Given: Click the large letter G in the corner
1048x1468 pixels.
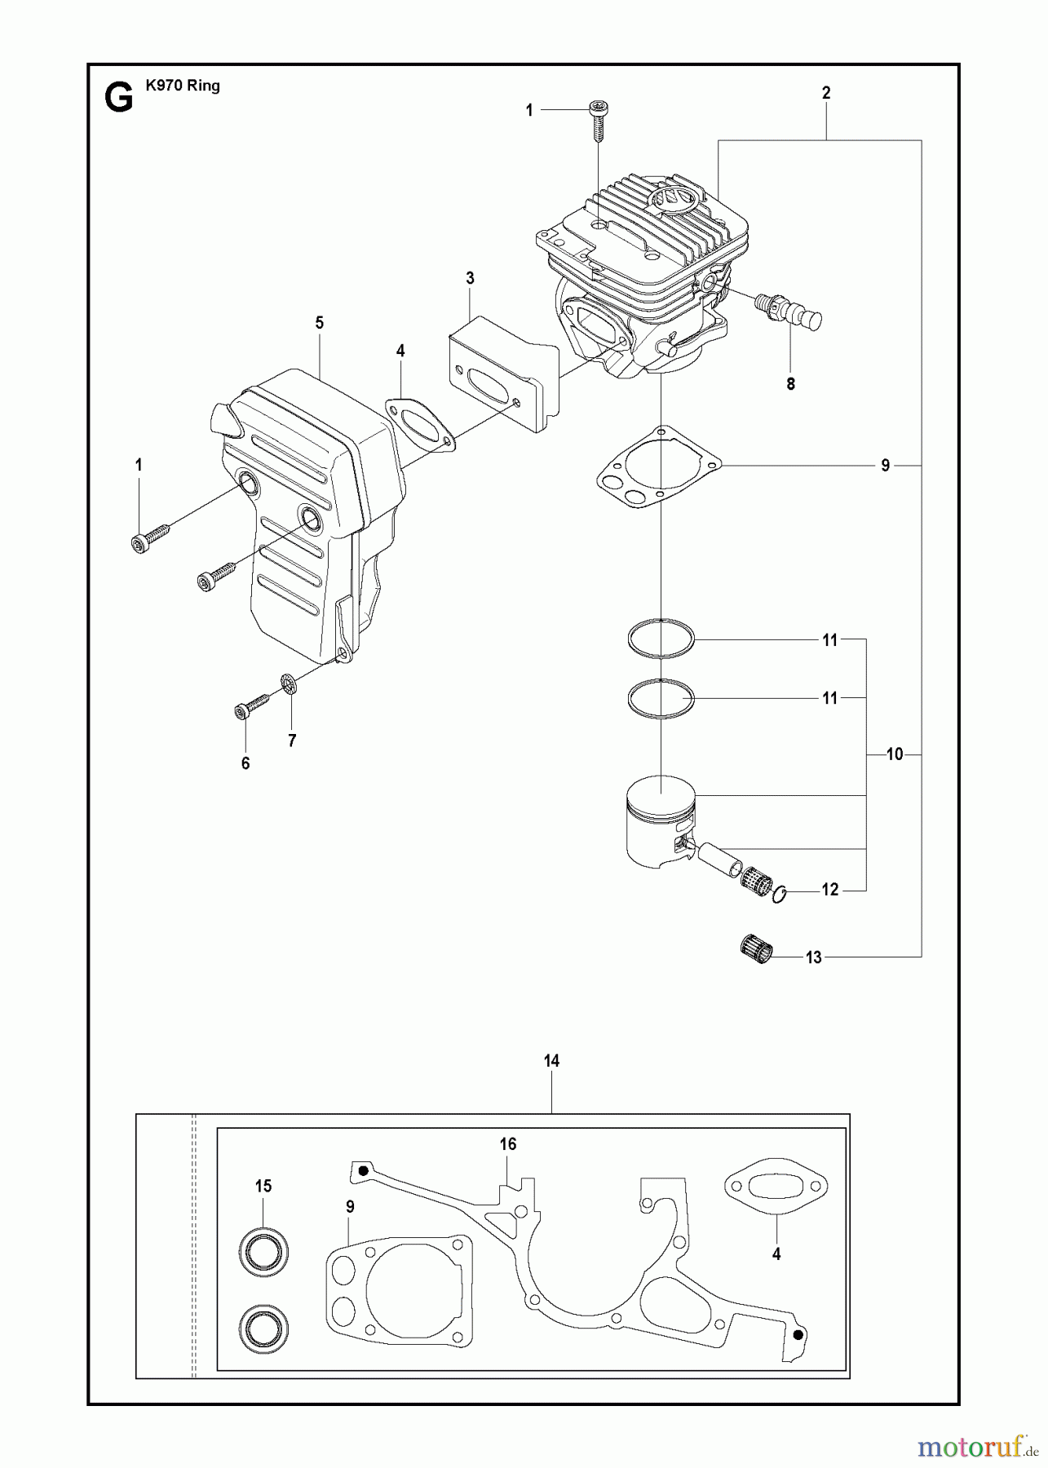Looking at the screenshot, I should pyautogui.click(x=119, y=99).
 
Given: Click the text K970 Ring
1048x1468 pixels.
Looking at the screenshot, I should pyautogui.click(x=183, y=86).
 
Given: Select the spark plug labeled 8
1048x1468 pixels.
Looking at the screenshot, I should pyautogui.click(x=786, y=311).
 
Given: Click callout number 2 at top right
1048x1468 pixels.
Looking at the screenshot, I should pyautogui.click(x=826, y=93).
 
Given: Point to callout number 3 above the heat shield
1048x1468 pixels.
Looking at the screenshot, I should pyautogui.click(x=471, y=278).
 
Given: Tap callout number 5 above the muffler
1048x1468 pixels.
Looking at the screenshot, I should pyautogui.click(x=320, y=323).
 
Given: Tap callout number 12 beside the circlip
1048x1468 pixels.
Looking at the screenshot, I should pyautogui.click(x=829, y=890).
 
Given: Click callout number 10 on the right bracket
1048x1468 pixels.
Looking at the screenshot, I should pyautogui.click(x=895, y=755).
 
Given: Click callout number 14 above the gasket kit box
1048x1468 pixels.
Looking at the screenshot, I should pyautogui.click(x=552, y=1061).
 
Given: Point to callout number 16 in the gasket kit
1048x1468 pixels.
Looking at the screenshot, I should pyautogui.click(x=508, y=1144).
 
